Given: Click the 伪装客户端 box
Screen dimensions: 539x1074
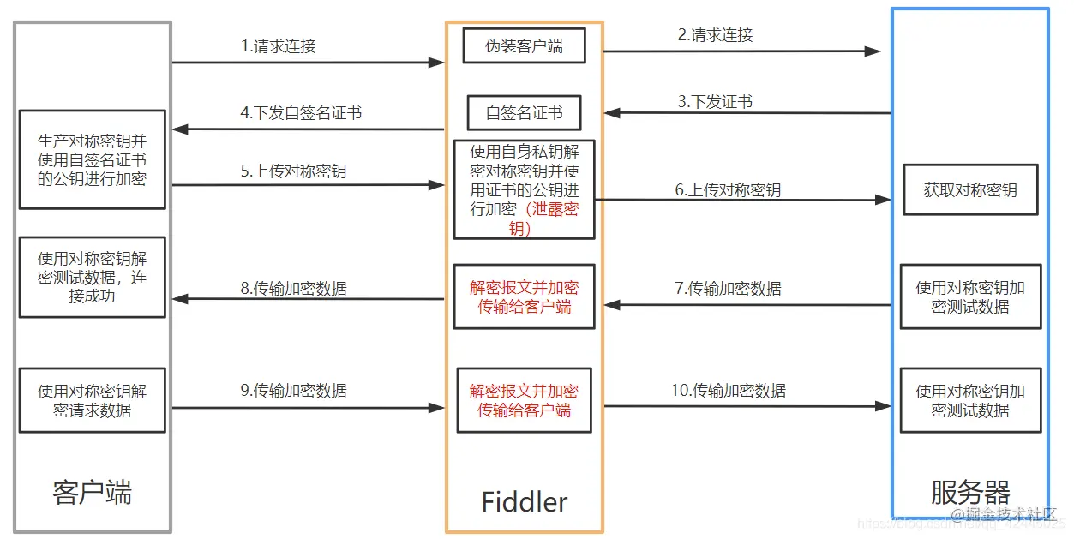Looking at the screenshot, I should pyautogui.click(x=524, y=46).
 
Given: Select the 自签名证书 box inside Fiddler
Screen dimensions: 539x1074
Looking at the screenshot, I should pyautogui.click(x=524, y=112).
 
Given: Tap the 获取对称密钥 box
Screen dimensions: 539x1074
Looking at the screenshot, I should pyautogui.click(x=970, y=190).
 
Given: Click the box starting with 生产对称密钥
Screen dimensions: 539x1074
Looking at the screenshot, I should pyautogui.click(x=92, y=159).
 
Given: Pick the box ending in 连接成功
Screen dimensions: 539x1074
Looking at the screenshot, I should pyautogui.click(x=92, y=277).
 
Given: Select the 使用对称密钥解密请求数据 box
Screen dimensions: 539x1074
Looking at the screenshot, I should pyautogui.click(x=92, y=400).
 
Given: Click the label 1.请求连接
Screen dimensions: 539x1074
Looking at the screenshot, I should pyautogui.click(x=279, y=46).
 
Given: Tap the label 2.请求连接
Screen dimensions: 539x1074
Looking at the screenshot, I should pyautogui.click(x=715, y=35).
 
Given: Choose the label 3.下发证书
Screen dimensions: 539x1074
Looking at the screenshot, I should pyautogui.click(x=715, y=101).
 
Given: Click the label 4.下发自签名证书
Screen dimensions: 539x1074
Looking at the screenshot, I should pyautogui.click(x=301, y=112).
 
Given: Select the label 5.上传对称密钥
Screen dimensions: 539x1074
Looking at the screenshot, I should pyautogui.click(x=293, y=171).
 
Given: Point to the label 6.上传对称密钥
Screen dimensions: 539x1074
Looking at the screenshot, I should pyautogui.click(x=728, y=190).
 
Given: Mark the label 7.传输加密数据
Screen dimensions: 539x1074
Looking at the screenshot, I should pyautogui.click(x=728, y=289).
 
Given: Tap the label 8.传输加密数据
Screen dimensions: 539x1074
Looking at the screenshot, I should pyautogui.click(x=293, y=289).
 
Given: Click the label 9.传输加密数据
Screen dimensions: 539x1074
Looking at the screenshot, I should pyautogui.click(x=293, y=391).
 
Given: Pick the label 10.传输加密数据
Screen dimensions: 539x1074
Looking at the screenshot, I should pyautogui.click(x=728, y=391).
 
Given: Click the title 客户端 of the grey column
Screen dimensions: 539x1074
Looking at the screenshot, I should pyautogui.click(x=92, y=493).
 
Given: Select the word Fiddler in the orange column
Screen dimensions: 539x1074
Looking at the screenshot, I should pyautogui.click(x=524, y=501).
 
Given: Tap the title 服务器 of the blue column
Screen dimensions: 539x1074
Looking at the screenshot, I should pyautogui.click(x=970, y=493).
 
